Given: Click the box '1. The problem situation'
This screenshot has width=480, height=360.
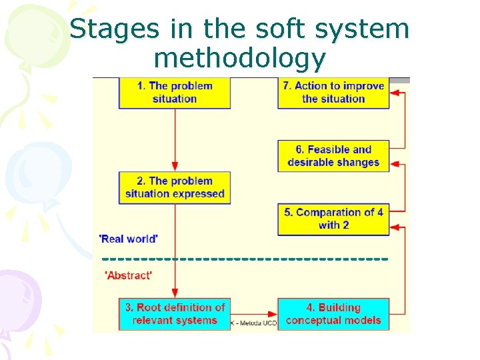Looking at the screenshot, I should pos(175,93).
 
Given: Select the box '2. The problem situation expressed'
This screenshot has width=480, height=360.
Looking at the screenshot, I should pos(175,187).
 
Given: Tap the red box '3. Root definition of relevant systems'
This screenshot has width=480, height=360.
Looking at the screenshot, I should pos(175,314).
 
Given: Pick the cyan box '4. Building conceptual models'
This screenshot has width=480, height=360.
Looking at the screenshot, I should pos(333,314).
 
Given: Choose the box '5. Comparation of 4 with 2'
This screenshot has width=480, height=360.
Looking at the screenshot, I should pos(333,219).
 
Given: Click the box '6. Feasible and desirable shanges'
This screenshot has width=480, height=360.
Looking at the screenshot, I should pos(333,156).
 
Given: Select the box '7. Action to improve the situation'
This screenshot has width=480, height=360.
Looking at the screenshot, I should pos(333,93).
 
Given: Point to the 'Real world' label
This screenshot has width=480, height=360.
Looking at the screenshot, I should pos(128,239).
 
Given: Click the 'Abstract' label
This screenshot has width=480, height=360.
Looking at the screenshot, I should pos(129,275).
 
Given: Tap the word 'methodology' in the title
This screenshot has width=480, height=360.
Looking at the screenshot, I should pos(239,59).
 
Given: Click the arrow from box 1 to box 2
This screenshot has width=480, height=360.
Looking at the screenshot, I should pos(175,140).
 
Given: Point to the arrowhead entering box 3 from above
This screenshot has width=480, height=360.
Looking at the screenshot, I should pos(175,293).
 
